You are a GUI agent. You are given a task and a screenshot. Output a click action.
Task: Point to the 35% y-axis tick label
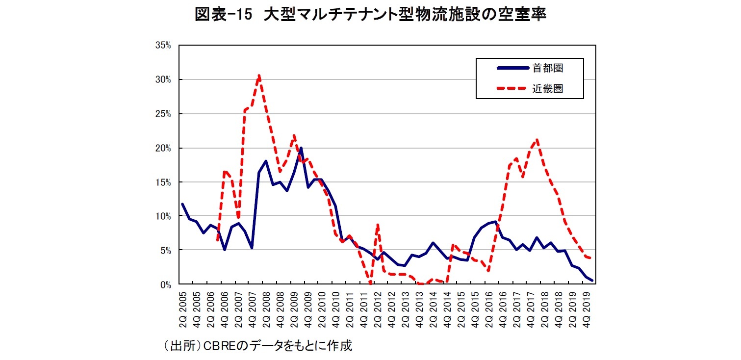(162, 46)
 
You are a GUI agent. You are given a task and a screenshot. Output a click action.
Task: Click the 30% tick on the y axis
(162, 79)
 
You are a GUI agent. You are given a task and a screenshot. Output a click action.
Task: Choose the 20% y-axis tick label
(162, 148)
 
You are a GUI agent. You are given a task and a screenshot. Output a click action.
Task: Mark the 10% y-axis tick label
(162, 216)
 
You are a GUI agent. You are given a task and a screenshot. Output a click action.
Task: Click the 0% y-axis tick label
(164, 284)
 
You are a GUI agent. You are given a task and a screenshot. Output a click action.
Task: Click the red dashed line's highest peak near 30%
(259, 75)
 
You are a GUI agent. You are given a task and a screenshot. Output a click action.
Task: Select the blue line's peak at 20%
(301, 148)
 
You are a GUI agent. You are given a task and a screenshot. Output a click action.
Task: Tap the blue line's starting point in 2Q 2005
(182, 204)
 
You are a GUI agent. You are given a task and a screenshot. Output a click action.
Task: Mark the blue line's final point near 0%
(592, 281)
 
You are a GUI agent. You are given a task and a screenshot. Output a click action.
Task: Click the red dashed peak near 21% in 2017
(537, 140)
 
